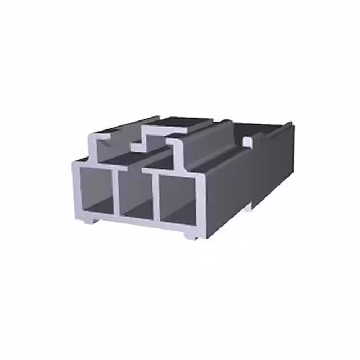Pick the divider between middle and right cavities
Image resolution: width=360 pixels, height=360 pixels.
[156, 196]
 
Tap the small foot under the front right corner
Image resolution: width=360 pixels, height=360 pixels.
[191, 235]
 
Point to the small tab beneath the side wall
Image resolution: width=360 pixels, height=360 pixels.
[247, 207]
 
